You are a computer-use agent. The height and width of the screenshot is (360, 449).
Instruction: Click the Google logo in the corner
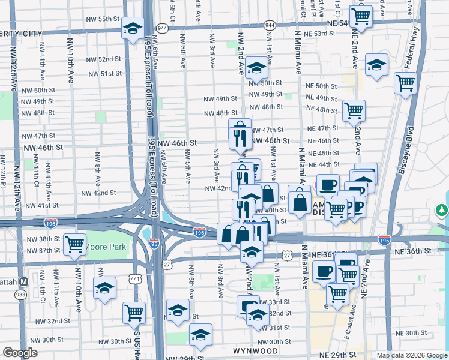pyautogui.click(x=20, y=353)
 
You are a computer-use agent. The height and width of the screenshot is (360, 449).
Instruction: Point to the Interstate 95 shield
pyautogui.click(x=154, y=244)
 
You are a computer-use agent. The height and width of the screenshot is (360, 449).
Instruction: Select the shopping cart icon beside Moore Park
pyautogui.click(x=74, y=245)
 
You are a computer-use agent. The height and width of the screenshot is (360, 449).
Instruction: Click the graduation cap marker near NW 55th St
pyautogui.click(x=133, y=28)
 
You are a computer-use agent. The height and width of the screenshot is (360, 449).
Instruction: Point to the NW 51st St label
pyautogui.click(x=105, y=73)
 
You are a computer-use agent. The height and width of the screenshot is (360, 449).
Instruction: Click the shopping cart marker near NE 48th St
pyautogui.click(x=354, y=110)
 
